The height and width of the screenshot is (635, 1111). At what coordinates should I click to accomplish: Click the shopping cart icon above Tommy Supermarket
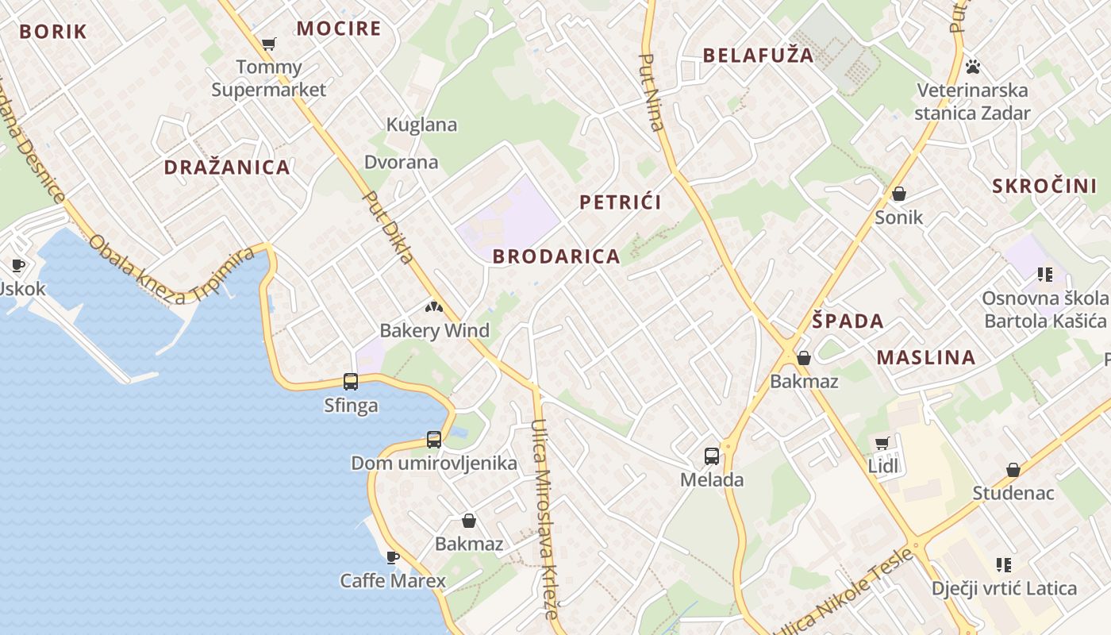[269, 44]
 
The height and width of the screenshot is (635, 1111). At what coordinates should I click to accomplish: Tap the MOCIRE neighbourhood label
[339, 29]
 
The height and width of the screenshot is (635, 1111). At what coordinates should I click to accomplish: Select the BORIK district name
[52, 32]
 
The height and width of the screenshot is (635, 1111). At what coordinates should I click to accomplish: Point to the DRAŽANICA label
[227, 167]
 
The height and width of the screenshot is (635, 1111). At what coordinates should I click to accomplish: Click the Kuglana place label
[421, 125]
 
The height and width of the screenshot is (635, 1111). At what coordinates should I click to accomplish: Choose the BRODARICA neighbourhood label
[556, 256]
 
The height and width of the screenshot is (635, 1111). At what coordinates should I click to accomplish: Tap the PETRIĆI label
[621, 202]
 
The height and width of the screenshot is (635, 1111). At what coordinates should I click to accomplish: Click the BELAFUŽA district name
[759, 55]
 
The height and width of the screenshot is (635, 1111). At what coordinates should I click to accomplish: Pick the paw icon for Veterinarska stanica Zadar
[973, 66]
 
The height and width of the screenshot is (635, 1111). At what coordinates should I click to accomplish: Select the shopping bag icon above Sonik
[899, 194]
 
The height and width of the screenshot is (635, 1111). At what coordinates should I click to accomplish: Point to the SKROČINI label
[1044, 187]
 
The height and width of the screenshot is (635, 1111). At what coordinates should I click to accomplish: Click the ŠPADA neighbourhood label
[848, 321]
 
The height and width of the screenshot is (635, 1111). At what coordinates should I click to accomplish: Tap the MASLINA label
[926, 358]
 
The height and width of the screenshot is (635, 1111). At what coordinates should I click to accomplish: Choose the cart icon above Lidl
[882, 443]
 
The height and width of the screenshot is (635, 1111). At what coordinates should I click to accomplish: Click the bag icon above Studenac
[1013, 470]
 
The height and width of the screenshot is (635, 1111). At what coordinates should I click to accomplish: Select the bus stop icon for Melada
[712, 456]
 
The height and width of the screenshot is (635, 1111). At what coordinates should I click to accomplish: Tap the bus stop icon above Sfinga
[351, 382]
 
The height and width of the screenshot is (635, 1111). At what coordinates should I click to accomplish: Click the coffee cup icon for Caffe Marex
[392, 557]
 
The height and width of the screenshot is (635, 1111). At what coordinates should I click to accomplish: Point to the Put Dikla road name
[388, 227]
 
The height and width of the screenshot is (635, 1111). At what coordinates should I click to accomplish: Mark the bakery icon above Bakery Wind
[433, 306]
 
